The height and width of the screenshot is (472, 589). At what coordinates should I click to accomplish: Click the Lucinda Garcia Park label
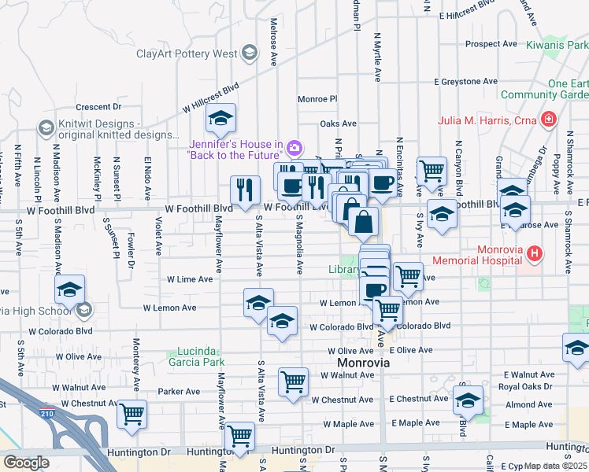[195, 356]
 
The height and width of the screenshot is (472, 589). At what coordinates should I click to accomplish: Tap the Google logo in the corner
[26, 463]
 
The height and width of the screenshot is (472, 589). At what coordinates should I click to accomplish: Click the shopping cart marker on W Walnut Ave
[293, 383]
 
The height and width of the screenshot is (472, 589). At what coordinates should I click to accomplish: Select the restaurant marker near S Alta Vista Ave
[245, 189]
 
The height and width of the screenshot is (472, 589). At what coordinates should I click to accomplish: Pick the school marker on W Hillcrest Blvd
[220, 119]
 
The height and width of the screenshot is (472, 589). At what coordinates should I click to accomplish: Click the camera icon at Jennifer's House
[294, 147]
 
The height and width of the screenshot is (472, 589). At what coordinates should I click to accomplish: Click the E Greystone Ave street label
[468, 82]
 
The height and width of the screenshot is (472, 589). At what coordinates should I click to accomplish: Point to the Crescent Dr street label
[98, 107]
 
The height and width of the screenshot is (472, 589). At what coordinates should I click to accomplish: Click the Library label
[344, 269]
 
